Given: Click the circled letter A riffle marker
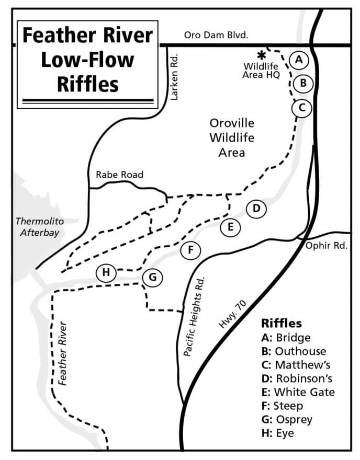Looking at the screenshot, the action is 299,60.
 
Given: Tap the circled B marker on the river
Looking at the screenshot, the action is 303,83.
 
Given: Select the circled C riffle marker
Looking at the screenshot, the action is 301,108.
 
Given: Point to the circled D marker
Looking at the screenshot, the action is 256,209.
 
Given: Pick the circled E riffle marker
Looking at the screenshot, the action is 231,227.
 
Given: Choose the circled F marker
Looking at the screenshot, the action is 190,250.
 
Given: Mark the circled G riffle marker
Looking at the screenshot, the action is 152,277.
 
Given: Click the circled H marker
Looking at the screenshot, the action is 106,272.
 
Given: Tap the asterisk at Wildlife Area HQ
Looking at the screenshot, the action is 261,55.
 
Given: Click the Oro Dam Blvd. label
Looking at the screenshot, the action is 216,35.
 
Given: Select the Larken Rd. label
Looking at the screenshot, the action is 174,77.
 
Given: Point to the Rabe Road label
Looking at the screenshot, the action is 119,175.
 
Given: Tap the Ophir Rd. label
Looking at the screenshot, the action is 327,246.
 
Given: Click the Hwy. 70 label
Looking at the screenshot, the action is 232,314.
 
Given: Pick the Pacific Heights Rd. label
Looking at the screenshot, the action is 194,317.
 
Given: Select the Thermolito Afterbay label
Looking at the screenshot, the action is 40,227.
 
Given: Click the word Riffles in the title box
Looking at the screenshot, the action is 88,84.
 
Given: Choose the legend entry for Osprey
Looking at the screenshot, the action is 287,420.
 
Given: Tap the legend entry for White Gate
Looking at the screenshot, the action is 298,392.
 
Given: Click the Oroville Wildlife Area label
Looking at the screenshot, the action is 232,137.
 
